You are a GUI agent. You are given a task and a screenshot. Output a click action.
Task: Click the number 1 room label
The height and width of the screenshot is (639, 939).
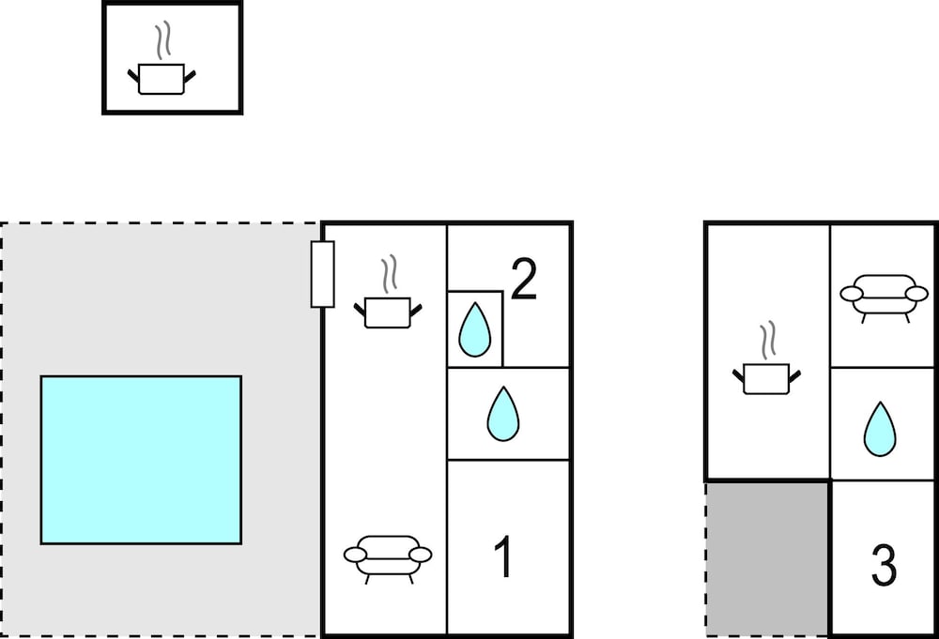click(503, 556)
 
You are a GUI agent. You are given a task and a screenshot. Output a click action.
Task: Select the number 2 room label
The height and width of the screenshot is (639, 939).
click(525, 279)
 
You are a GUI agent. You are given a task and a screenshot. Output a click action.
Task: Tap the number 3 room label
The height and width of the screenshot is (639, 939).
click(884, 565)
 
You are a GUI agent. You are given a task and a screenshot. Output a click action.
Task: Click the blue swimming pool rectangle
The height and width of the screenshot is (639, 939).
click(142, 460)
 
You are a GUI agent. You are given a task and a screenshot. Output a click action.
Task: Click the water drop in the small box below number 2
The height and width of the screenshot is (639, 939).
click(475, 329)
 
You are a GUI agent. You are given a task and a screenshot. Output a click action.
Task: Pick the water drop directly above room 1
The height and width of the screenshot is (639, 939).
click(503, 414)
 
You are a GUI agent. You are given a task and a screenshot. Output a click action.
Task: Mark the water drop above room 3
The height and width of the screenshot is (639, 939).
click(880, 429)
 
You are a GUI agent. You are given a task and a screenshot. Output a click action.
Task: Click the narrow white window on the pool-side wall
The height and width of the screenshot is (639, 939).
click(322, 274)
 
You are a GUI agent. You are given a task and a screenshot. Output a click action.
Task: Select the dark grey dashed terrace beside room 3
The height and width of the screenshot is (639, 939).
click(767, 559)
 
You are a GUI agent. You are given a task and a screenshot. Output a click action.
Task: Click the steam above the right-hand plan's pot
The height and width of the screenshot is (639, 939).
click(768, 341)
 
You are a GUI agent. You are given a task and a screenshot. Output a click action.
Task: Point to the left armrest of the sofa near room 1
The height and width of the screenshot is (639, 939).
click(355, 555)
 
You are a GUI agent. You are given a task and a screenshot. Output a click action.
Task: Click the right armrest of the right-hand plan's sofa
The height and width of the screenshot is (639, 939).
click(916, 294)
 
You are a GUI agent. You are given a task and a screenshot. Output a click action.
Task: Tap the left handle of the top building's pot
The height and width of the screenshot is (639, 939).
click(133, 76)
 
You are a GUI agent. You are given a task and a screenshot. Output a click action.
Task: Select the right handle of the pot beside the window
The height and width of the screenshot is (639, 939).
click(416, 310)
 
